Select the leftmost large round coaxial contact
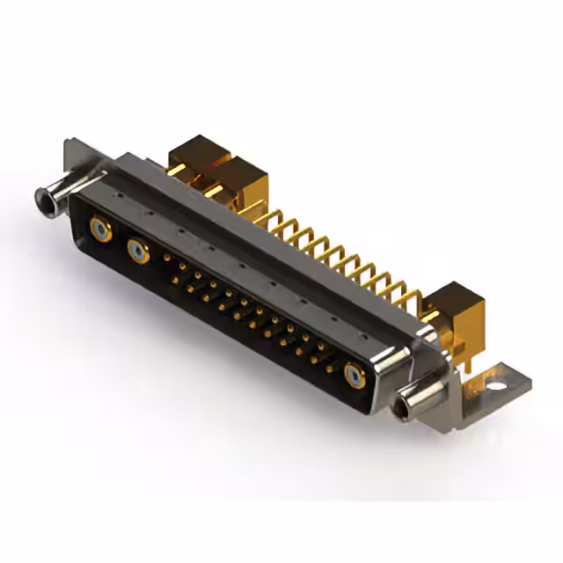coord(100,230)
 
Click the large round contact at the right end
coord(355,375)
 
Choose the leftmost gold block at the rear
coord(194,161)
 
